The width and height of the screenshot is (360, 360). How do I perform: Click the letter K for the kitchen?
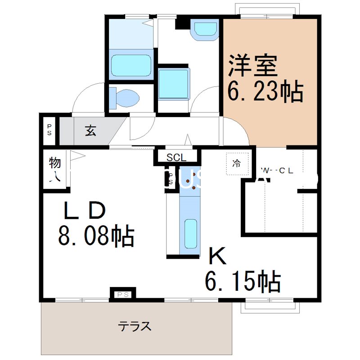217,257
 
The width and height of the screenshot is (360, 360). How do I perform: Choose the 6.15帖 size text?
243,282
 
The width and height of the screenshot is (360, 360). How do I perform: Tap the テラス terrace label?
135,326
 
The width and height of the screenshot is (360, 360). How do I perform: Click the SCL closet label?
176,157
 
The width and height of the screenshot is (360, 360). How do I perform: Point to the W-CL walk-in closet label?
277,171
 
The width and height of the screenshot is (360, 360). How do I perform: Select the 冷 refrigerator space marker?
236,164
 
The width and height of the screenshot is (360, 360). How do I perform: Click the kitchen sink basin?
191,234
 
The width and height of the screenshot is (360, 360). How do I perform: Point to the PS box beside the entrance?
49,130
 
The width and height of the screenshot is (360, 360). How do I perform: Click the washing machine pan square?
173,84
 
